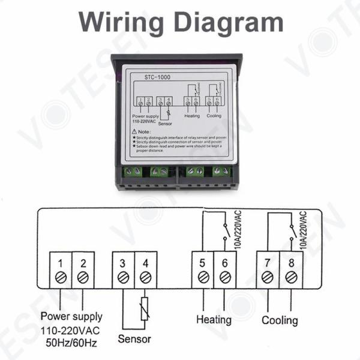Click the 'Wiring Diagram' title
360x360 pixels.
click(x=180, y=22)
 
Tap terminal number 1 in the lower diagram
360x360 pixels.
click(x=61, y=262)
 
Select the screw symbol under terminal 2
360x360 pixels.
click(x=83, y=277)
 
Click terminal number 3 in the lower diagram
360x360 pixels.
click(x=124, y=262)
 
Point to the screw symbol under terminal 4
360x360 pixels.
click(x=145, y=277)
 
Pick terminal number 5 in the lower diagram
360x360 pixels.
click(x=203, y=262)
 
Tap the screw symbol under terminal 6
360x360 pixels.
click(x=225, y=277)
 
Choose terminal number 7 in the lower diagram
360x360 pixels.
click(x=268, y=262)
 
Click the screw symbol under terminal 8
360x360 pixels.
click(x=291, y=277)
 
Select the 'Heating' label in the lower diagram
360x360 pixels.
click(x=214, y=319)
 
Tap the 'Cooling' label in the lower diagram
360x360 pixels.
click(x=280, y=319)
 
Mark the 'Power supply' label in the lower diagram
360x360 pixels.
click(x=71, y=316)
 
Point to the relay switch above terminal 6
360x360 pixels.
click(x=224, y=230)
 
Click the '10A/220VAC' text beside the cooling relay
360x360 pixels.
click(x=304, y=230)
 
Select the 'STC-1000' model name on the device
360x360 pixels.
click(x=157, y=77)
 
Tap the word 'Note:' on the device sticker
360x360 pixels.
click(x=142, y=131)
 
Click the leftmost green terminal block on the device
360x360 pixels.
click(x=133, y=172)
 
